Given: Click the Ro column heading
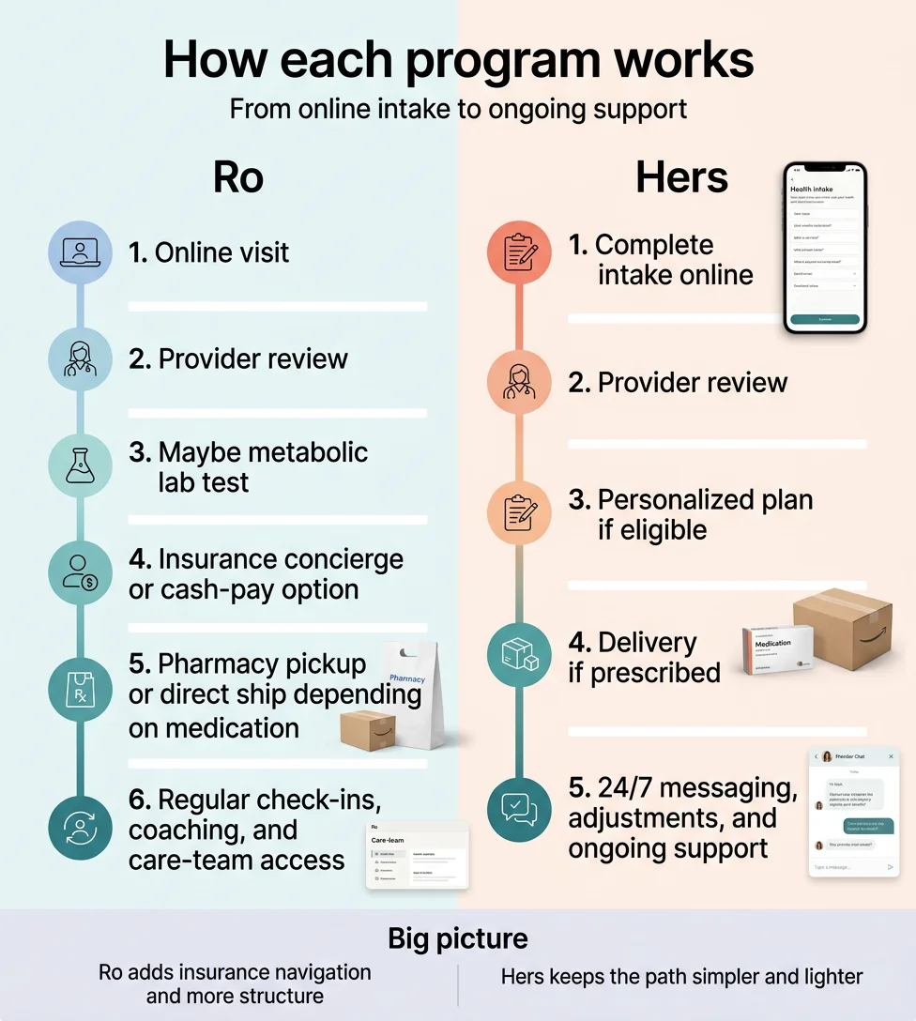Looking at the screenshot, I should [x=238, y=177].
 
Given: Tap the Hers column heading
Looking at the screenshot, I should [x=681, y=177].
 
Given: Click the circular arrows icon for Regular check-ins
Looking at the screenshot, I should [x=80, y=827].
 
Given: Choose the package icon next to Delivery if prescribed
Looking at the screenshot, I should [x=519, y=654].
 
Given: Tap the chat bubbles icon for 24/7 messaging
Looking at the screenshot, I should [x=519, y=808].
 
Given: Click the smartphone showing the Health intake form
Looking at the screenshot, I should [x=825, y=248].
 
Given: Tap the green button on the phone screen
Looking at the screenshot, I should [x=825, y=319].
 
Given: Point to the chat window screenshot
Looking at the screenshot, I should [x=853, y=812].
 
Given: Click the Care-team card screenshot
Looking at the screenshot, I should [x=417, y=855].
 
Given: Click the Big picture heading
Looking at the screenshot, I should [x=458, y=938].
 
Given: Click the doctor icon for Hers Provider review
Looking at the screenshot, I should [x=519, y=383].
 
